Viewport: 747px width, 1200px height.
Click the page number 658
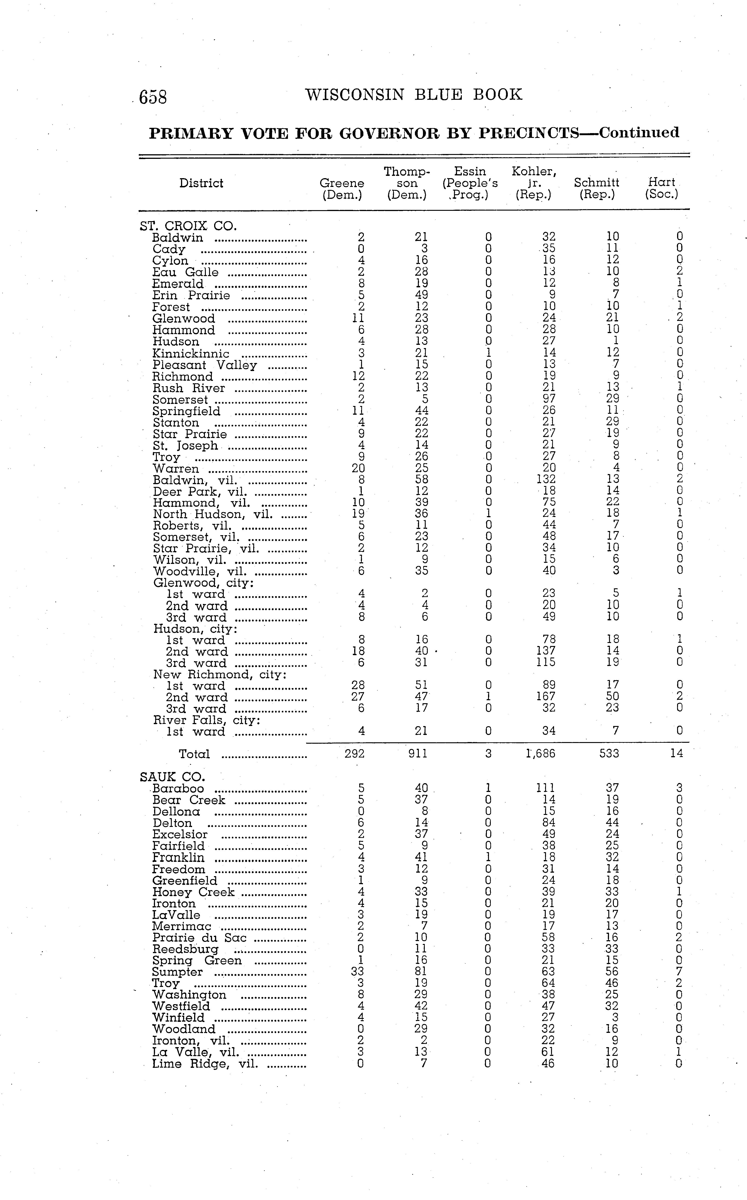153,97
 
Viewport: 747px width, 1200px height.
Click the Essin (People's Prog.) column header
470,183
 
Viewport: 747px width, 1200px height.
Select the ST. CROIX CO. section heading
188,226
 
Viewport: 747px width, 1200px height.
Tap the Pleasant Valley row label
204,365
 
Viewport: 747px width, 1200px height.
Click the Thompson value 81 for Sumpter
421,972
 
